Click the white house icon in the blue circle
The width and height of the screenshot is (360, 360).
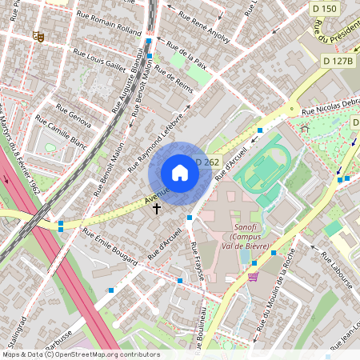point(180,173)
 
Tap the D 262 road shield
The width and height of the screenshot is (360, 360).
point(206,162)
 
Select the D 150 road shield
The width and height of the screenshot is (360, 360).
point(325,7)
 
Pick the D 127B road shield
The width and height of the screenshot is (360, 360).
point(338,61)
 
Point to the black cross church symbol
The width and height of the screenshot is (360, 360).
point(157,208)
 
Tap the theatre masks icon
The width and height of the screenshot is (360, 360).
point(38,36)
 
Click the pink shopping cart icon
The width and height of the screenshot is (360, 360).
point(254,278)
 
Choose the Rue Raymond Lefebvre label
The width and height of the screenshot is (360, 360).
point(161,131)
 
